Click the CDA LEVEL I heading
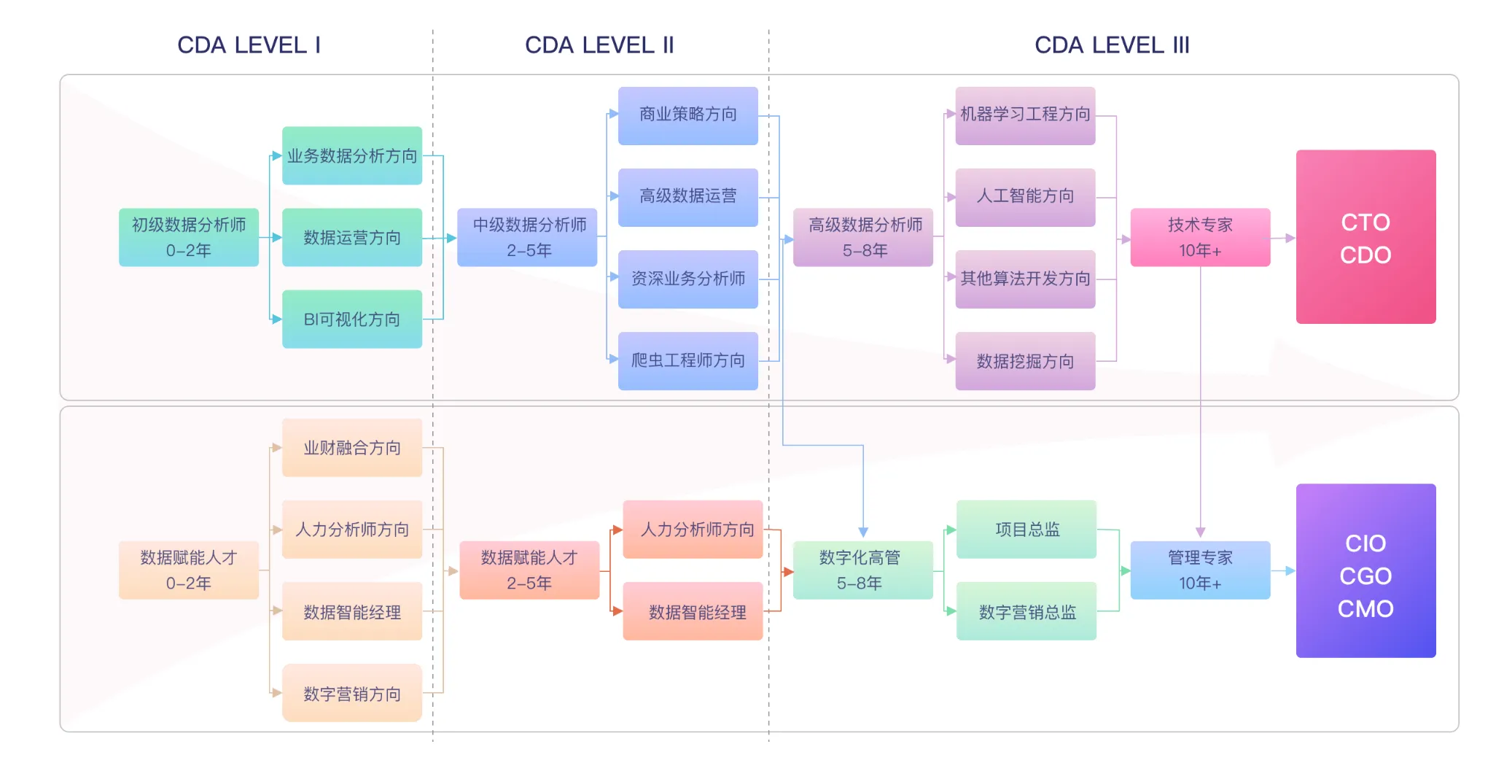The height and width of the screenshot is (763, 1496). (x=249, y=45)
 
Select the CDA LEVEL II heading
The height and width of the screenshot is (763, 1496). (x=599, y=45)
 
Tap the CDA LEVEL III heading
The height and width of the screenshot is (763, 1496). (x=1112, y=45)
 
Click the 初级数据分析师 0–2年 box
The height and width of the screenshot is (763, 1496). (x=189, y=237)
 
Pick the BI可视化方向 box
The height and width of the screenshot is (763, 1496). (x=352, y=319)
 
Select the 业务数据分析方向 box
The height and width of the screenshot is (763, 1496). (x=352, y=155)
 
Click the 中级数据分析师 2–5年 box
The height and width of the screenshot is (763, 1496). (x=529, y=237)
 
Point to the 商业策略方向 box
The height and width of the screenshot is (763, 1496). (x=687, y=115)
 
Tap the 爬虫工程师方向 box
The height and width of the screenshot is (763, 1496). (x=687, y=360)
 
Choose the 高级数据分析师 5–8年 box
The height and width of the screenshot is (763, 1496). (x=865, y=237)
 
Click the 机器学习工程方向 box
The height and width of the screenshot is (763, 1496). (x=1025, y=115)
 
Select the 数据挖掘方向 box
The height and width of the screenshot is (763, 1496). (x=1025, y=361)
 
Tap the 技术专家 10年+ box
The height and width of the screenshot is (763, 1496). (x=1200, y=237)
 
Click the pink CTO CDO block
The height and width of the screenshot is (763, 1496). (x=1366, y=237)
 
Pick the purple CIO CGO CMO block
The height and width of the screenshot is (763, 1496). (x=1366, y=570)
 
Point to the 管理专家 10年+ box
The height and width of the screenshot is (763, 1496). (x=1200, y=570)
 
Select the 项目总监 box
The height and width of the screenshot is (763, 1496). (x=1026, y=530)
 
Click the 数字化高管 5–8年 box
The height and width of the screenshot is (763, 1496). (x=861, y=570)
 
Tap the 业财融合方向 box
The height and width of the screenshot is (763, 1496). (x=352, y=448)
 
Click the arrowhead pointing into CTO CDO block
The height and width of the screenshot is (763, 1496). (x=1290, y=238)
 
